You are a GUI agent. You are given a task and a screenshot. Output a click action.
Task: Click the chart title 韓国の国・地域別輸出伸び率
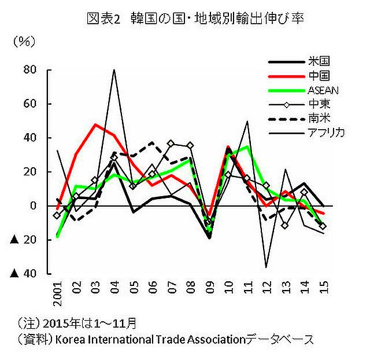tap(194, 19)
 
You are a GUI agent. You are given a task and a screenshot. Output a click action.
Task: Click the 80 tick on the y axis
tap(29, 70)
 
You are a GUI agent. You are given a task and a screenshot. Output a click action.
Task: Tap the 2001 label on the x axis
tap(57, 293)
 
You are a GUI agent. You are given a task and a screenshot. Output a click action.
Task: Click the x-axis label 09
tap(209, 287)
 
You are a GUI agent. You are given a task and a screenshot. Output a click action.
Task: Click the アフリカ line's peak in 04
tap(114, 70)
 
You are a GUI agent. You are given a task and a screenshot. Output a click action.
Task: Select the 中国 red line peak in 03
tap(95, 124)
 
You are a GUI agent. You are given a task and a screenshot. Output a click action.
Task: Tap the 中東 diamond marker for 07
tap(171, 143)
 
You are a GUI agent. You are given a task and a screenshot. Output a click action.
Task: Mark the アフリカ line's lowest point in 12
tap(266, 267)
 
